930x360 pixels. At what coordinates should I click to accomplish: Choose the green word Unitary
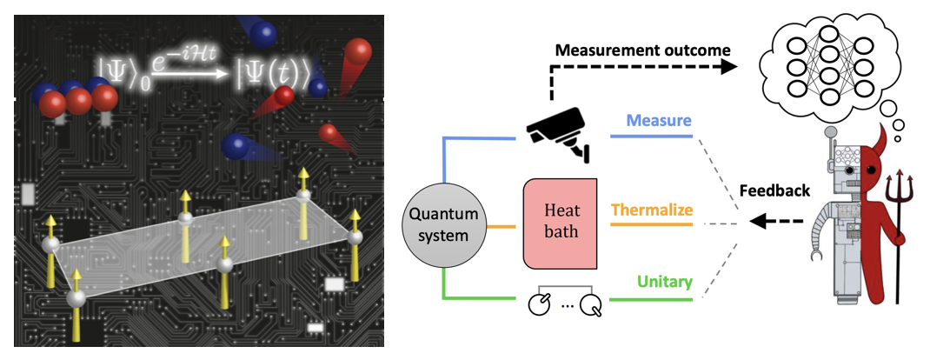[663, 282]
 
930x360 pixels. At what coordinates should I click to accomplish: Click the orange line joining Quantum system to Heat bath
[500, 227]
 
